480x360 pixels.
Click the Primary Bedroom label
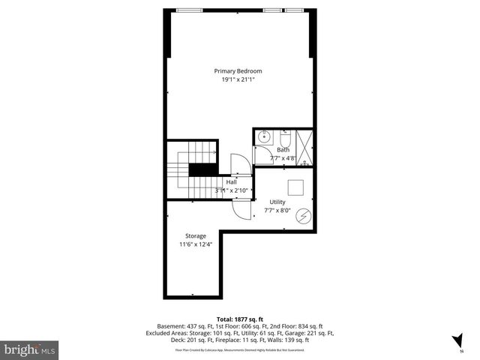pyautogui.click(x=238, y=71)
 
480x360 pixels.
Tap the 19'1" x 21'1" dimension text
pyautogui.click(x=238, y=79)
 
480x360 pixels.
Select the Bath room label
pyautogui.click(x=283, y=150)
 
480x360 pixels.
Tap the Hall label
pyautogui.click(x=231, y=182)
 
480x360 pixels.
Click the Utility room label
pyautogui.click(x=278, y=202)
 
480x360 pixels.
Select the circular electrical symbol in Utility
pyautogui.click(x=304, y=216)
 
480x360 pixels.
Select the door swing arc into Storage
pyautogui.click(x=241, y=209)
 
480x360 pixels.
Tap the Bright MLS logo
pyautogui.click(x=29, y=349)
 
